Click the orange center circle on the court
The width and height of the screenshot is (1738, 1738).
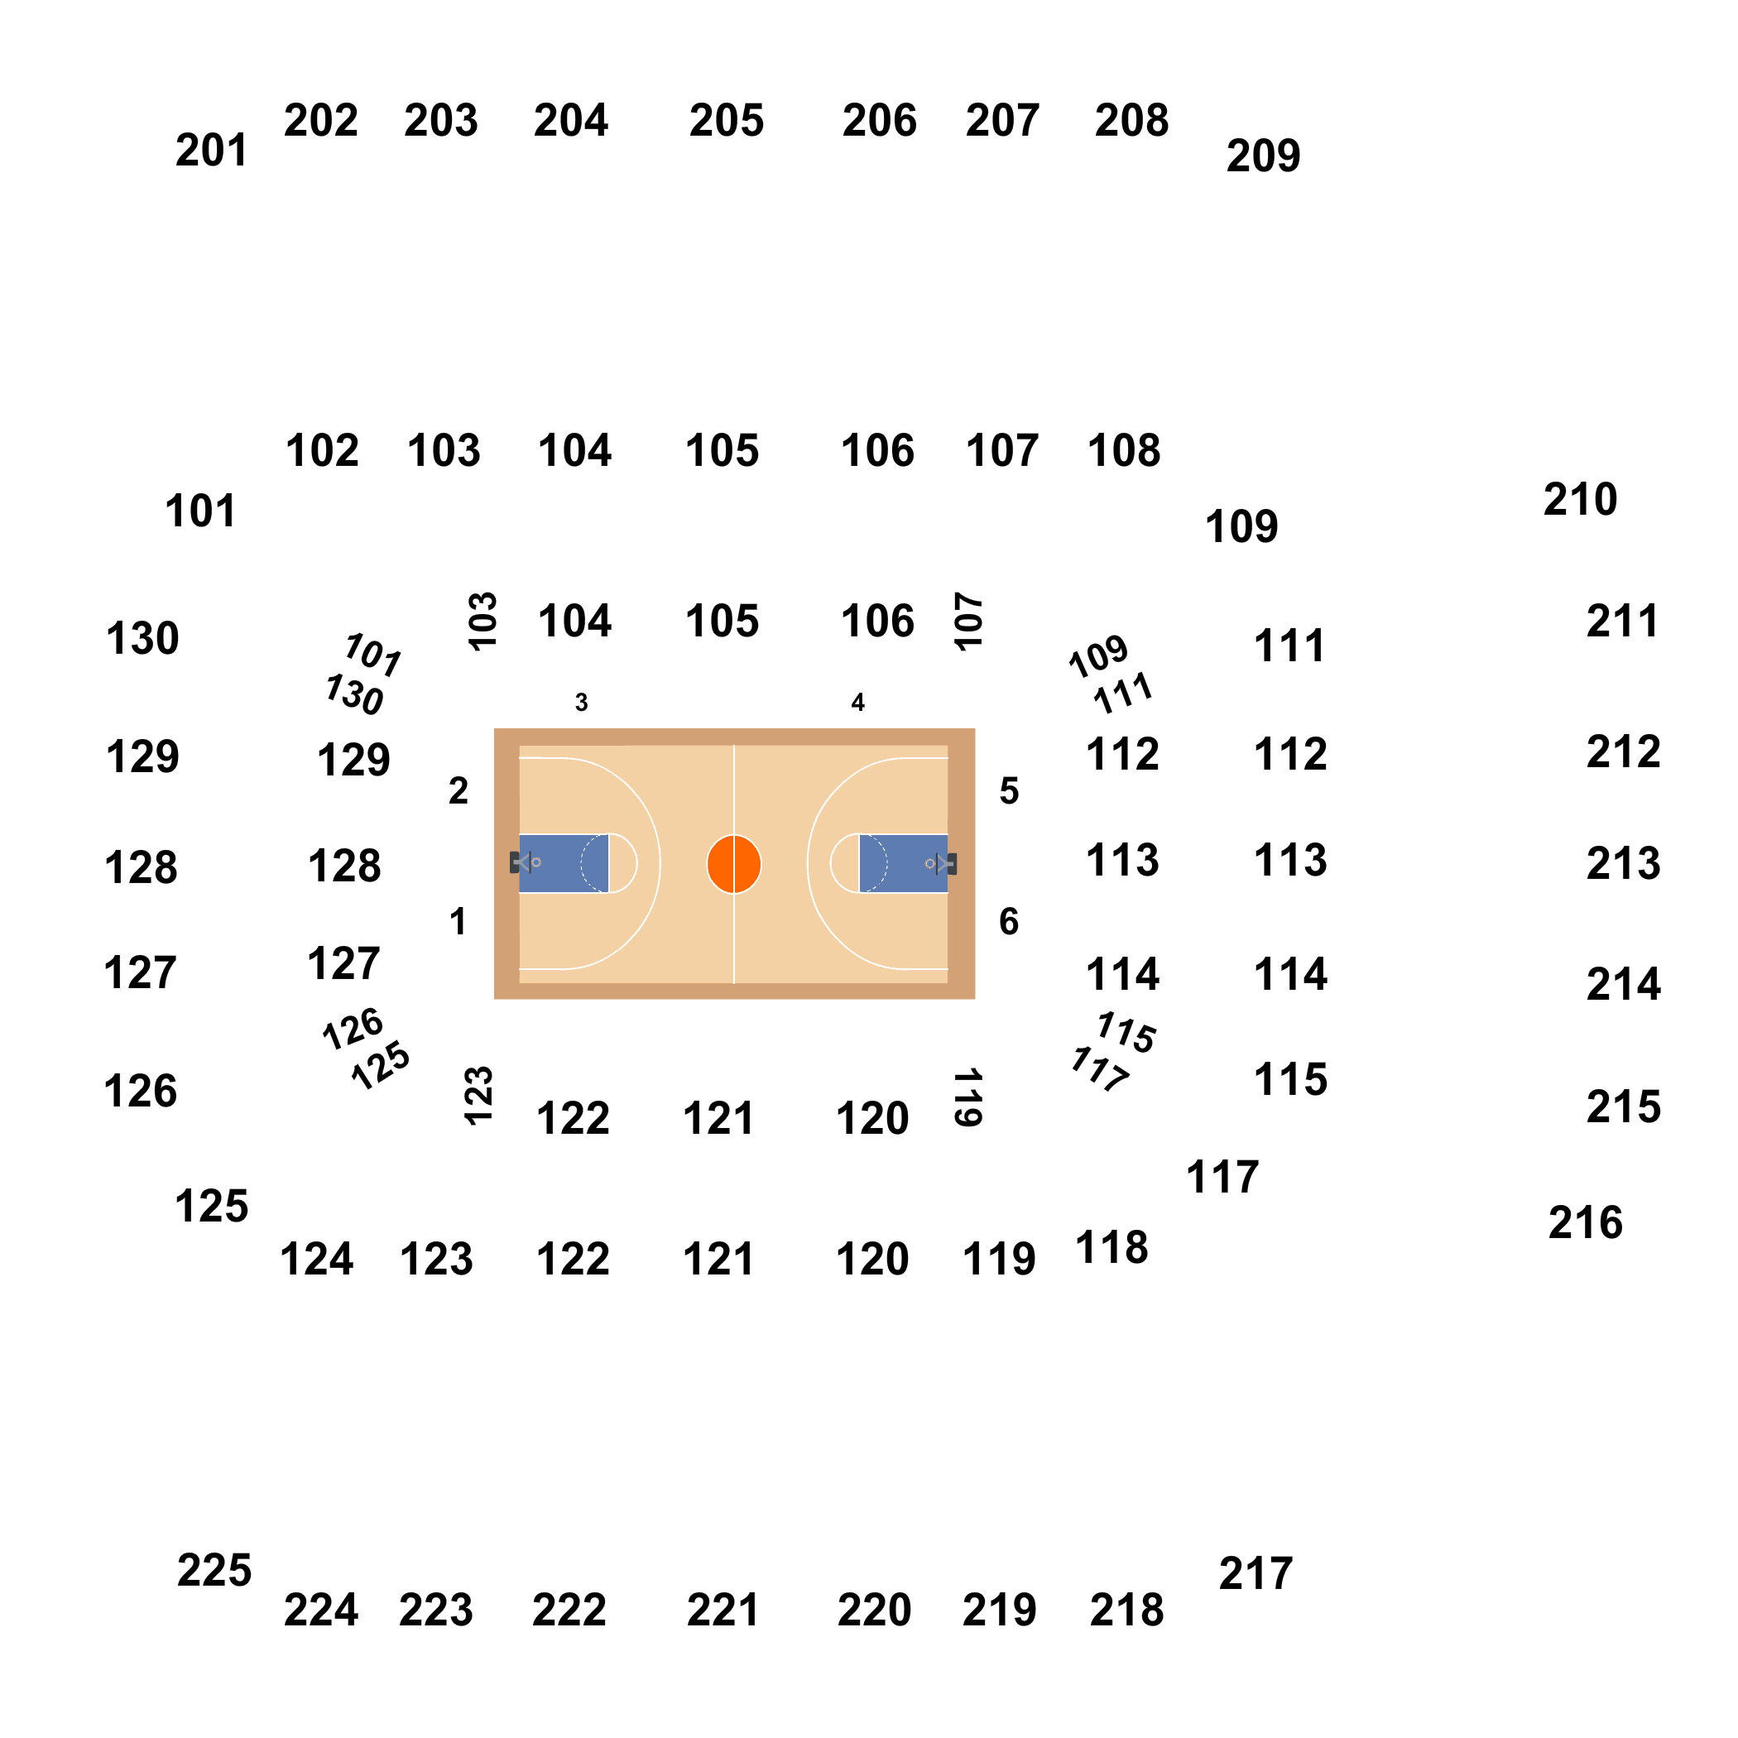[734, 863]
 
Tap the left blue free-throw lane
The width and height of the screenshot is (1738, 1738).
[564, 863]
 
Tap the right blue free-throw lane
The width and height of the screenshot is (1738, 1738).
[903, 863]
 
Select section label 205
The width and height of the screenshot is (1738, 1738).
[726, 121]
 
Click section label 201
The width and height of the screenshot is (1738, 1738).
[211, 151]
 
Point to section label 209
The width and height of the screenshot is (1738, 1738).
[1263, 156]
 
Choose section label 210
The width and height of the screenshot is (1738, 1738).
[1581, 499]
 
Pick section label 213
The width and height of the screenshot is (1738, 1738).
[1623, 863]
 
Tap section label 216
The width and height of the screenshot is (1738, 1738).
[1585, 1222]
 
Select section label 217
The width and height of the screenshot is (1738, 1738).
[1255, 1573]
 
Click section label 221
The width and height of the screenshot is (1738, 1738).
[723, 1610]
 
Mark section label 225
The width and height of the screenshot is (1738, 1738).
[214, 1571]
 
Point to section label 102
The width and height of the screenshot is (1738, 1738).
[322, 451]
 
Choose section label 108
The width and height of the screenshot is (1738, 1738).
[1124, 451]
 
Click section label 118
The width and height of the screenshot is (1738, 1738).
[1111, 1248]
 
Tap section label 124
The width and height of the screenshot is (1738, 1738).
[317, 1259]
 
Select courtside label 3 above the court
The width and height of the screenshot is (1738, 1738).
[581, 703]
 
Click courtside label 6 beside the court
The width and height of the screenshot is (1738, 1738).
[1010, 921]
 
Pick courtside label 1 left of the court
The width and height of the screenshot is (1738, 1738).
[458, 921]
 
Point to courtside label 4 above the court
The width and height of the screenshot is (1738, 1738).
[858, 703]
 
